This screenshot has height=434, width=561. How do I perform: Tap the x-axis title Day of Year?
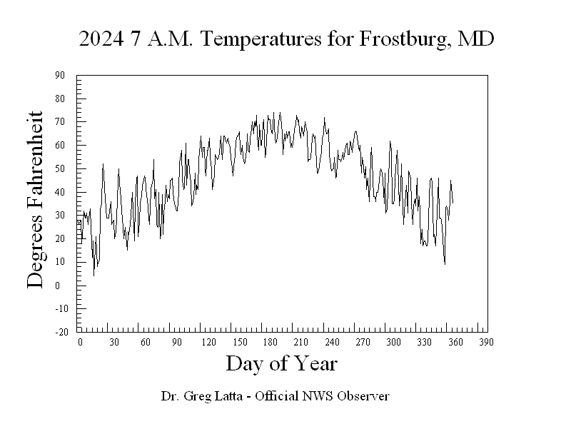point(281,364)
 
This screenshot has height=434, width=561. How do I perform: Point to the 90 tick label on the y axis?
point(60,75)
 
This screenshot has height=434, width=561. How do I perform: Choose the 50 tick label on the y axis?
point(60,168)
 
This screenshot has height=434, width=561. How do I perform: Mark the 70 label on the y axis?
point(60,122)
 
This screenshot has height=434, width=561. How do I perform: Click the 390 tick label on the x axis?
point(486,343)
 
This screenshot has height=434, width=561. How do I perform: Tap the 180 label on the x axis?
point(273,343)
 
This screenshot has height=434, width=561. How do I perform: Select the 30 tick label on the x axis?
point(113,343)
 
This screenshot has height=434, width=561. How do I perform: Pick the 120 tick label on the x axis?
point(209,343)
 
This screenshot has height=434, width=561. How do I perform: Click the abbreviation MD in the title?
point(477,39)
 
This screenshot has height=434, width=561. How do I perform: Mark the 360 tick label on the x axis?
point(455,343)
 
